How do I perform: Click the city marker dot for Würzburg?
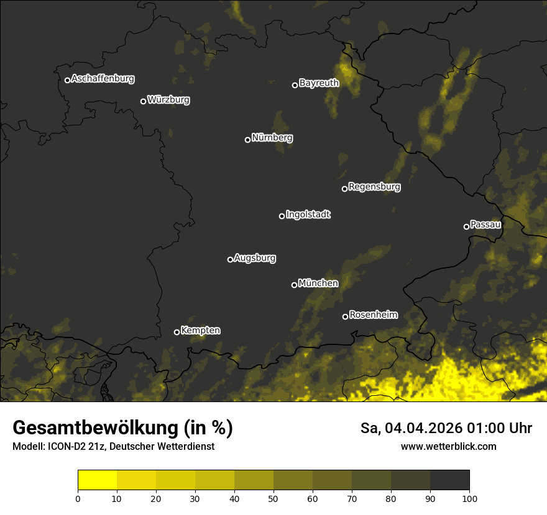coord(143,101)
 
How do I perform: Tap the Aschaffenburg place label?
coord(103,79)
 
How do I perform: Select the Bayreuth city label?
coord(319,83)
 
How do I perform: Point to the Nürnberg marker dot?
coord(247,140)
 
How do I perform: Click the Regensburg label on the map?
coord(374,186)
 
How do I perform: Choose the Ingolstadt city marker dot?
coord(282,216)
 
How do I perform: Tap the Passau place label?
coord(485,224)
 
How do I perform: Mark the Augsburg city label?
coord(255,257)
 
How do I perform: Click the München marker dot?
coord(294,285)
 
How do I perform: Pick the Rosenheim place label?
coord(373,315)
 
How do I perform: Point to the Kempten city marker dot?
coord(177,332)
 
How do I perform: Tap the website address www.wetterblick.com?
coord(448,446)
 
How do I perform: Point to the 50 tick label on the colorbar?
coord(273,498)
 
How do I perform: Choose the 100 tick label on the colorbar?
coord(469,498)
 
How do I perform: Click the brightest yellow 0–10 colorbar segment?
coord(97,480)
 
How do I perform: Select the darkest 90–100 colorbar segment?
coord(449,480)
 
